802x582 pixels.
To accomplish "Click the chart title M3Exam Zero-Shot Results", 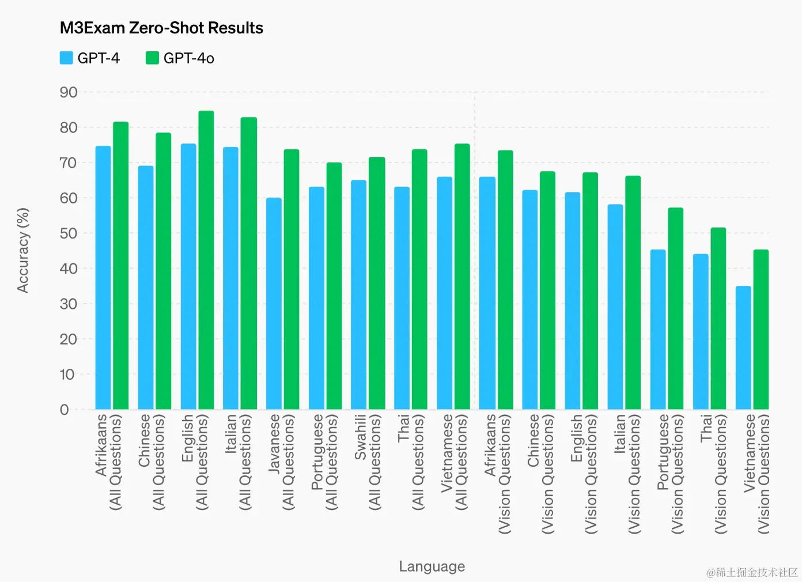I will [x=161, y=28].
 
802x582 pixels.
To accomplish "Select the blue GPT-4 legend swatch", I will [x=66, y=58].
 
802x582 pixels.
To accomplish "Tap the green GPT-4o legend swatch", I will [x=152, y=58].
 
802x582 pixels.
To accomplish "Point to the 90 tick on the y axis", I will [x=69, y=92].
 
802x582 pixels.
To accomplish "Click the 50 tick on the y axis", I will [x=69, y=233].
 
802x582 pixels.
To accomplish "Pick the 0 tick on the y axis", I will [x=65, y=410].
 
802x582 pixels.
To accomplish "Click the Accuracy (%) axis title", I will [x=22, y=251].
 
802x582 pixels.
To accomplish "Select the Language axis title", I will [x=432, y=566].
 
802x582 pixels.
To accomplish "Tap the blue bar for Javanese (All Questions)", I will [x=274, y=304].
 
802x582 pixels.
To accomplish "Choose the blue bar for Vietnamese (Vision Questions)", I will [x=743, y=347].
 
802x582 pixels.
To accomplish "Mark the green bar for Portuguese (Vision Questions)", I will [x=675, y=309].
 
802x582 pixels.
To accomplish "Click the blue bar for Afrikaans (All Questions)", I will [x=103, y=278].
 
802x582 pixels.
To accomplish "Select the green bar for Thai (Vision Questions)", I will [x=718, y=319].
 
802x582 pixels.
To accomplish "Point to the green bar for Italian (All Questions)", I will [x=248, y=263].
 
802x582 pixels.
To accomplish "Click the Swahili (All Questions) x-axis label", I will [x=368, y=461].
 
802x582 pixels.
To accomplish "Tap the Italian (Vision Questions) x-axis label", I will [x=627, y=473].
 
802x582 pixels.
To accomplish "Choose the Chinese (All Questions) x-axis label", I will [x=151, y=461].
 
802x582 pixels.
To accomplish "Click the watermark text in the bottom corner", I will [x=752, y=572].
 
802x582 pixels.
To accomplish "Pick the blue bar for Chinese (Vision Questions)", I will [x=529, y=300].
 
